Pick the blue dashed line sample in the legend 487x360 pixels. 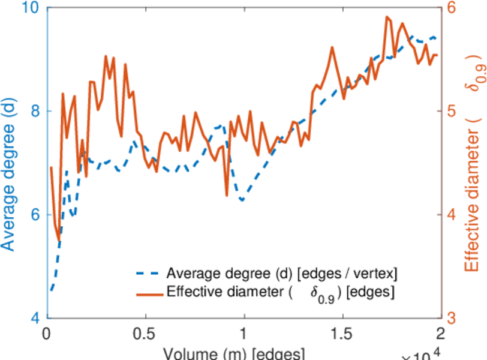[147, 274]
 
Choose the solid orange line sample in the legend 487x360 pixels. [147, 293]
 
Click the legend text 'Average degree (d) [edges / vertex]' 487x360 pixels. [282, 274]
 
